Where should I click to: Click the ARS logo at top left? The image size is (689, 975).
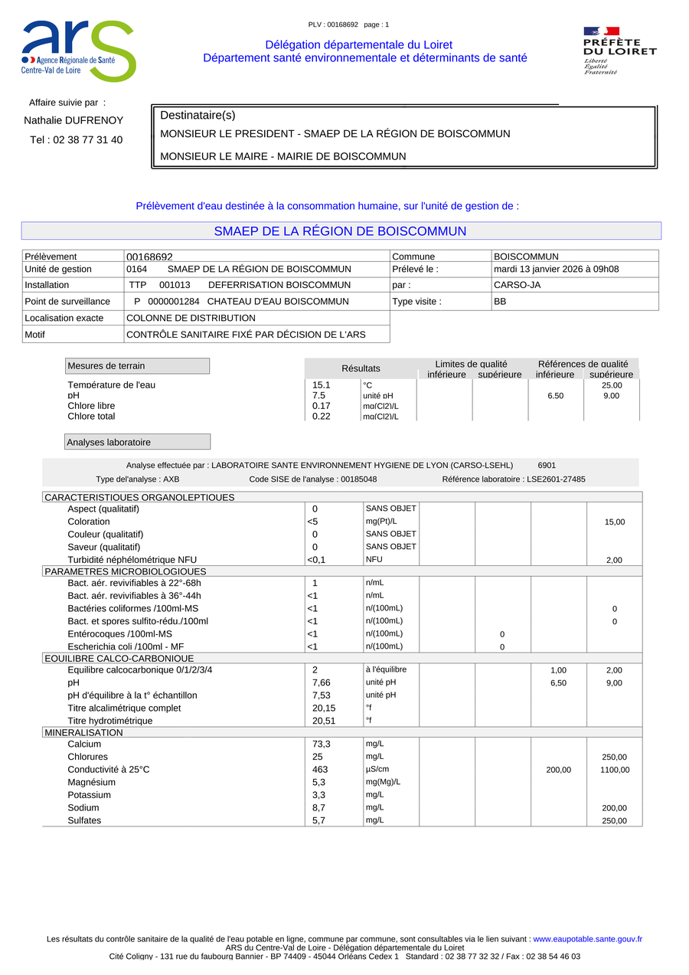pos(78,51)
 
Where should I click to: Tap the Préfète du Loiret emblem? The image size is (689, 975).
pos(619,51)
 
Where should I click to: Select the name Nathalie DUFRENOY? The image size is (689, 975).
pos(73,120)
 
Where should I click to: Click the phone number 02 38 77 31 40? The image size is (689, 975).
pos(87,140)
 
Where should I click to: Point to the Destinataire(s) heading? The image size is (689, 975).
pos(198,116)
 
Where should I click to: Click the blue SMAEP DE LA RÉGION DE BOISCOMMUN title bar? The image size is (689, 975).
pos(341,231)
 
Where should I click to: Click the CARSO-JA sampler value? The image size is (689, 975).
pos(517,285)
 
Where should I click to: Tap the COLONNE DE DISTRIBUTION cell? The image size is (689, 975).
pos(191,318)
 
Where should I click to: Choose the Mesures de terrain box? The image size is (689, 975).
pos(137,366)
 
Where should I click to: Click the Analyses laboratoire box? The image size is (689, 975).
pos(137,442)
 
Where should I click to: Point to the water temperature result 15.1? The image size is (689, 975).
pos(322,385)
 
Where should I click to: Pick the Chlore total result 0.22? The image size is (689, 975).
pos(322,417)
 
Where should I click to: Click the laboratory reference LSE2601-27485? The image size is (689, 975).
pos(555,479)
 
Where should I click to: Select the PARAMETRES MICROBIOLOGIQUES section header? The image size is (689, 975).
pos(126,571)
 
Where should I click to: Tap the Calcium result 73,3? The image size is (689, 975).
pos(322,744)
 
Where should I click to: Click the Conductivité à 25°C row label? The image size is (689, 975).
pos(109,770)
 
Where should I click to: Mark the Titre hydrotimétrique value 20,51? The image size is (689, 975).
pos(324,721)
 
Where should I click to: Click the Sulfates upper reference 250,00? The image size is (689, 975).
pos(614,821)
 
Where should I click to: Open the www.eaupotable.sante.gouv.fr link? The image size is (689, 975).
pos(587,939)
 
